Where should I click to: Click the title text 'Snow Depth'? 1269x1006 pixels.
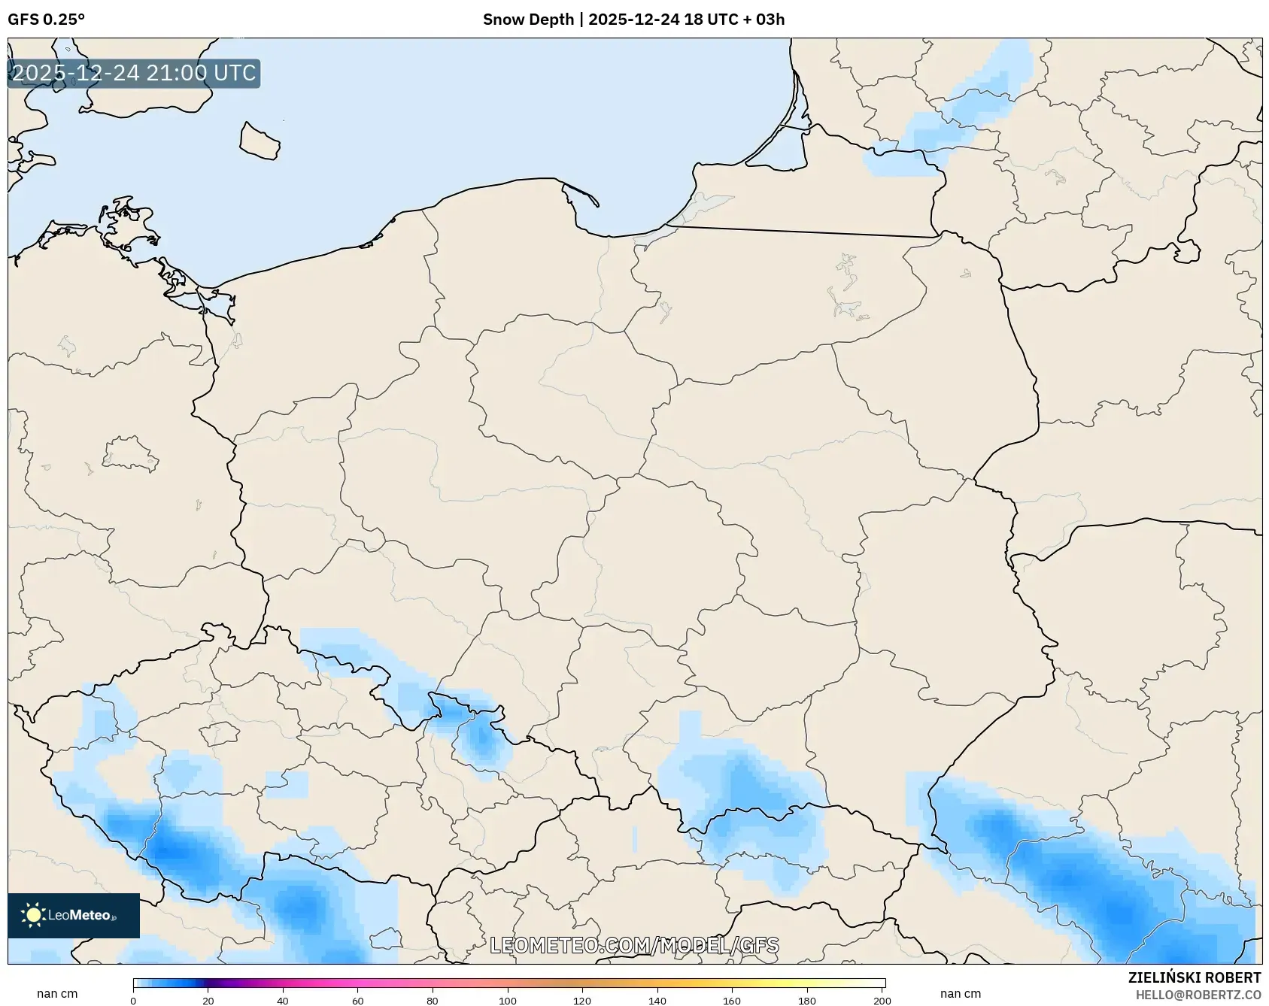click(528, 20)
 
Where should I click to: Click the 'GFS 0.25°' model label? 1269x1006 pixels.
click(46, 20)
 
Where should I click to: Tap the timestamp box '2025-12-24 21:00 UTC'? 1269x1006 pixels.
click(134, 74)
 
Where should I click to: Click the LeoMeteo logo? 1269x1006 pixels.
click(74, 915)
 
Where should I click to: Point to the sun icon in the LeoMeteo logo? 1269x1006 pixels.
click(33, 915)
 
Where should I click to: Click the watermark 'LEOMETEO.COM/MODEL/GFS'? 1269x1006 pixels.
click(634, 945)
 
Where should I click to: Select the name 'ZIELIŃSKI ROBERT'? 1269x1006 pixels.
click(1194, 977)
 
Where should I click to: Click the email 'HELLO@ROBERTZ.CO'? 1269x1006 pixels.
click(1198, 995)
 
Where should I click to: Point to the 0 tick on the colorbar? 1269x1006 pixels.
click(133, 1000)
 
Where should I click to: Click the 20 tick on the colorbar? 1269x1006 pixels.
click(208, 1000)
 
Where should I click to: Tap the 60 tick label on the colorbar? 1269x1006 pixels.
click(358, 1001)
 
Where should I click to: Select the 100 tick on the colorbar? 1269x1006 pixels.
click(508, 1000)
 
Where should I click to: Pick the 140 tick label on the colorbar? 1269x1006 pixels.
click(657, 1001)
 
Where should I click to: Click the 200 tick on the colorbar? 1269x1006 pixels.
click(882, 1000)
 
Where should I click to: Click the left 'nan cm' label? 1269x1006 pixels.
click(57, 993)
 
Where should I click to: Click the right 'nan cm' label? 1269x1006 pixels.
click(961, 993)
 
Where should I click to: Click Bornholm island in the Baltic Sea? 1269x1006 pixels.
click(260, 141)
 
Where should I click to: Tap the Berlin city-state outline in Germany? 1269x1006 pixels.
click(129, 453)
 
